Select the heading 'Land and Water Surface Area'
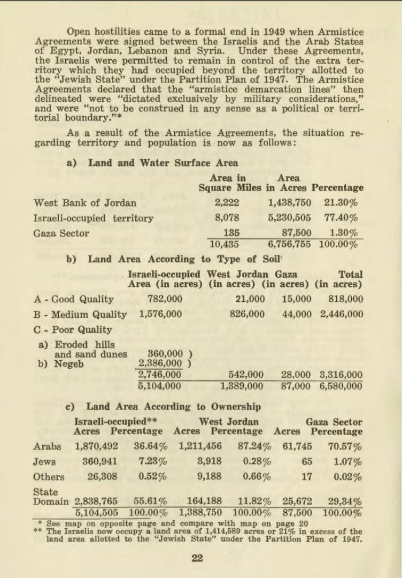(163, 163)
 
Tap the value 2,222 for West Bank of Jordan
(227, 203)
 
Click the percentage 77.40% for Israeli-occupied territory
(341, 218)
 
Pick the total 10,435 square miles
(224, 245)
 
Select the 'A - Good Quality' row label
(74, 299)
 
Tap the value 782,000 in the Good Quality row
(165, 299)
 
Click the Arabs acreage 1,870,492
(96, 446)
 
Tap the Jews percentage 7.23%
(152, 461)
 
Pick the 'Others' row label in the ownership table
(49, 476)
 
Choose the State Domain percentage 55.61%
(150, 501)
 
